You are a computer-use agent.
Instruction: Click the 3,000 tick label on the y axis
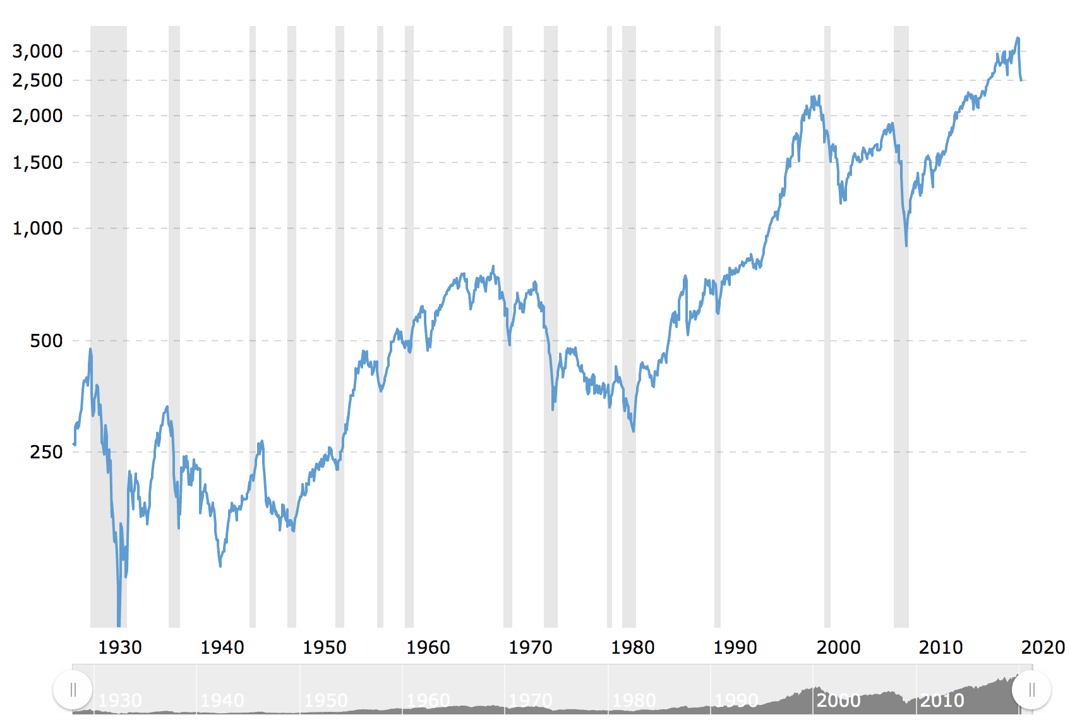pyautogui.click(x=37, y=51)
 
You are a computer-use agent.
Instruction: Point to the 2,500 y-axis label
pyautogui.click(x=37, y=80)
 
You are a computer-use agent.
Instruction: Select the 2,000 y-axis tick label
pyautogui.click(x=37, y=116)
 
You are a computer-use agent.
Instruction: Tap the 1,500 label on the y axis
pyautogui.click(x=37, y=162)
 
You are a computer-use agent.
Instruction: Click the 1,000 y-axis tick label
pyautogui.click(x=37, y=228)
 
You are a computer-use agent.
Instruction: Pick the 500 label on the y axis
pyautogui.click(x=46, y=341)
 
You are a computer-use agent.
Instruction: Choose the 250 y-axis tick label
pyautogui.click(x=46, y=452)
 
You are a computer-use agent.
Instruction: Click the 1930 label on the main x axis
pyautogui.click(x=120, y=647)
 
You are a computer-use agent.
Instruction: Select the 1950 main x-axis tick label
pyautogui.click(x=325, y=647)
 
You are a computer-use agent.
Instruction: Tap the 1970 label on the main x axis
pyautogui.click(x=531, y=647)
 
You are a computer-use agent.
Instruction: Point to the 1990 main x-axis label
pyautogui.click(x=735, y=647)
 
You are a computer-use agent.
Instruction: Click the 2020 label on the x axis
pyautogui.click(x=1043, y=647)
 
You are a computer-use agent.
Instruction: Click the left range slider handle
pyautogui.click(x=73, y=690)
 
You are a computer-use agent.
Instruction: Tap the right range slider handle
pyautogui.click(x=1031, y=690)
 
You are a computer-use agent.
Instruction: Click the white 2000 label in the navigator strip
pyautogui.click(x=838, y=701)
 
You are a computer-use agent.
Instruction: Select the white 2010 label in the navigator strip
pyautogui.click(x=942, y=701)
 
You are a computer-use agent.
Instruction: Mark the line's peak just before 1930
pyautogui.click(x=90, y=349)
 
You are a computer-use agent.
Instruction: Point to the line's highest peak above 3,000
pyautogui.click(x=1018, y=38)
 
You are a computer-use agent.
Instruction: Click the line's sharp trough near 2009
pyautogui.click(x=906, y=245)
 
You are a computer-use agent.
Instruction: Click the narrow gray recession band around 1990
pyautogui.click(x=718, y=316)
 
